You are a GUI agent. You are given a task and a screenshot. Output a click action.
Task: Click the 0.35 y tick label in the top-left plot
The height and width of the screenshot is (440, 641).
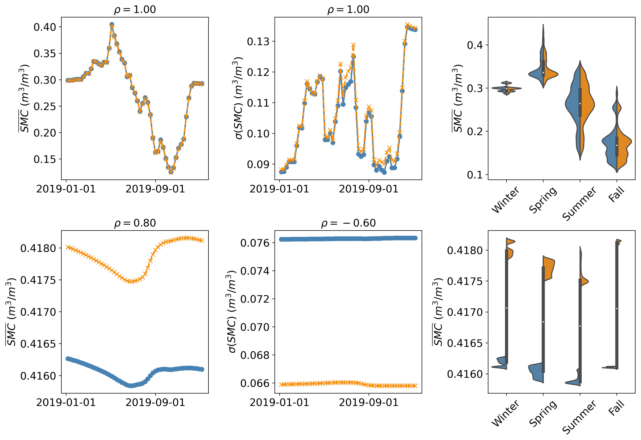[45, 53]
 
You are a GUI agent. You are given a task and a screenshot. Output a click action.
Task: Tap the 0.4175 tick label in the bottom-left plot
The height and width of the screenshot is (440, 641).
[38, 280]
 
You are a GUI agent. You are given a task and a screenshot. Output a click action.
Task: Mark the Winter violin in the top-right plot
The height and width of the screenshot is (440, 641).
[506, 88]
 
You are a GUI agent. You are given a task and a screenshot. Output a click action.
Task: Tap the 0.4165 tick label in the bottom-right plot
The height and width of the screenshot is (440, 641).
[465, 343]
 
